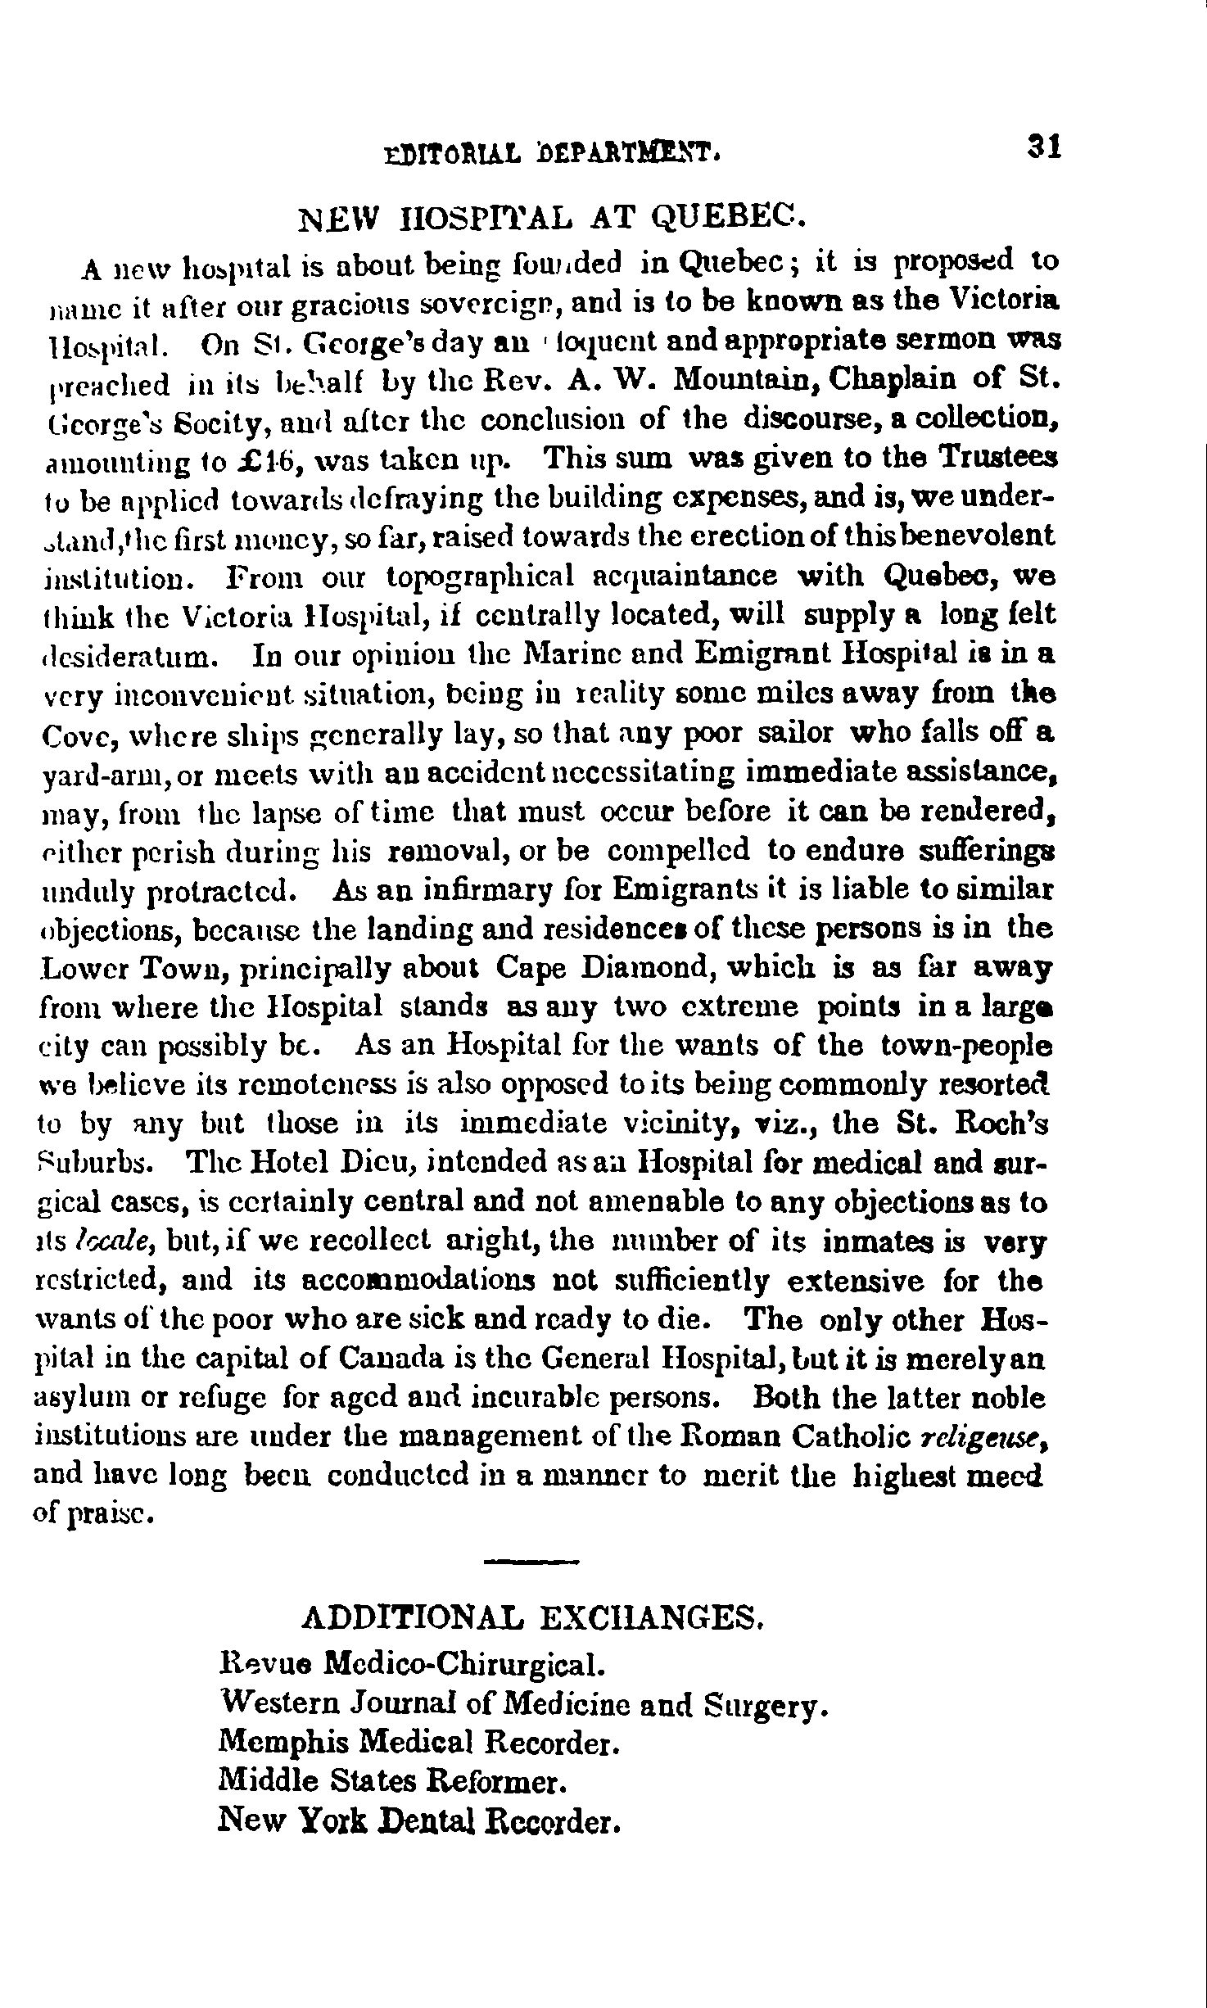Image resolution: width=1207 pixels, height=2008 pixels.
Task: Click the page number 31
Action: click(1045, 147)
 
